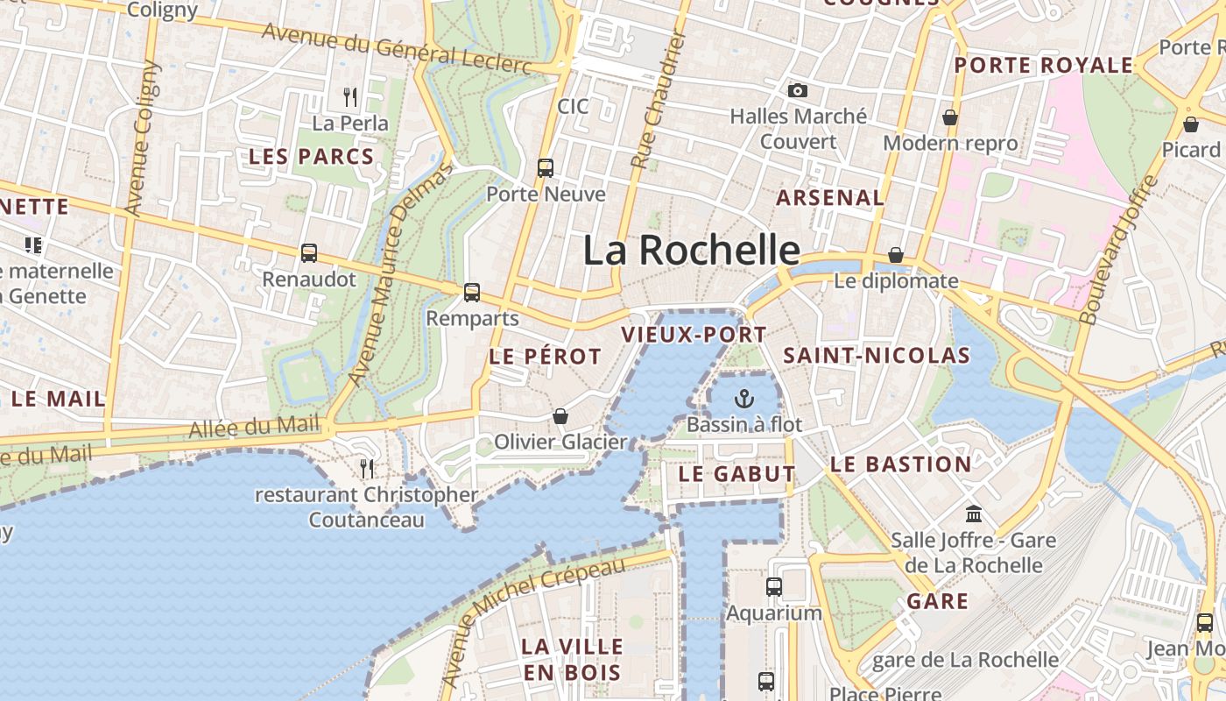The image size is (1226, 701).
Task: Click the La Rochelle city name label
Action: tap(691, 251)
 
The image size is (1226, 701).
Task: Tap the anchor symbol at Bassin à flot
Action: tap(743, 400)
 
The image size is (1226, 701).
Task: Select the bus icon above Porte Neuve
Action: tap(546, 167)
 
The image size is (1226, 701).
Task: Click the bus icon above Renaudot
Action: tap(309, 253)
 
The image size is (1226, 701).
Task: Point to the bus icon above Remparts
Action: tap(472, 292)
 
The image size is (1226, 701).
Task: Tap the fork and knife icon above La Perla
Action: tap(350, 96)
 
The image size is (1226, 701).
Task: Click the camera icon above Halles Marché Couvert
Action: tap(797, 90)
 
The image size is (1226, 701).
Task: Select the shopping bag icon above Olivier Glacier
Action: tap(560, 416)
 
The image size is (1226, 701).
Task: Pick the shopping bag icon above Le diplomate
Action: tap(896, 255)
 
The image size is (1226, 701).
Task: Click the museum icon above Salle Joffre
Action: tap(973, 513)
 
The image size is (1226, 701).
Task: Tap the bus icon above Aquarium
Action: tap(774, 587)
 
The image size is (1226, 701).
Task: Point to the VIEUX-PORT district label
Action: tap(694, 334)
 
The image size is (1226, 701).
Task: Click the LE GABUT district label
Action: tap(737, 474)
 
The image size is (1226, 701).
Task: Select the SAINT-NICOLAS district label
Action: tap(877, 355)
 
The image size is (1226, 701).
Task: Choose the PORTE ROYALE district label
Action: tap(1044, 65)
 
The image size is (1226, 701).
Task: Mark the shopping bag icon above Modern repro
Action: tap(949, 117)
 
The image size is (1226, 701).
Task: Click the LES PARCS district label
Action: tap(312, 157)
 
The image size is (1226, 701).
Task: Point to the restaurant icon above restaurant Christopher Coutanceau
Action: tap(367, 469)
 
